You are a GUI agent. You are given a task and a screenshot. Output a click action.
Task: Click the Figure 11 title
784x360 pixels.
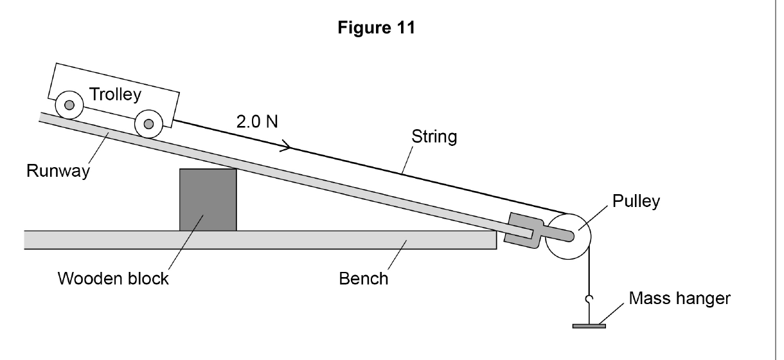pyautogui.click(x=376, y=27)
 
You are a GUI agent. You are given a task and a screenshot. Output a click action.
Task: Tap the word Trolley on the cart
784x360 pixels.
pyautogui.click(x=115, y=94)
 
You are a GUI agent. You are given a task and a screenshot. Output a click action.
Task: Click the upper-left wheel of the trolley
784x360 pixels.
pyautogui.click(x=69, y=105)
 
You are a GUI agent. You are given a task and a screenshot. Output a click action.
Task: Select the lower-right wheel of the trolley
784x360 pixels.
pyautogui.click(x=148, y=123)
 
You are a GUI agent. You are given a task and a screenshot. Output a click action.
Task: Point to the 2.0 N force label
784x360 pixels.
pyautogui.click(x=257, y=122)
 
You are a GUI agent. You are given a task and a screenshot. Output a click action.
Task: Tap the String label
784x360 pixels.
pyautogui.click(x=434, y=136)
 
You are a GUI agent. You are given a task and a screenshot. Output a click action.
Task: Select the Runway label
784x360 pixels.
pyautogui.click(x=58, y=171)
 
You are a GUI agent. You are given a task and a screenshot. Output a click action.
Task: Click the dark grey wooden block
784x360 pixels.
pyautogui.click(x=208, y=200)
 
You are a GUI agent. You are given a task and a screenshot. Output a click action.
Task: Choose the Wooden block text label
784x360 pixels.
pyautogui.click(x=113, y=278)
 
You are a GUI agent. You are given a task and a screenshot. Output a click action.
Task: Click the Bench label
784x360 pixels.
pyautogui.click(x=363, y=279)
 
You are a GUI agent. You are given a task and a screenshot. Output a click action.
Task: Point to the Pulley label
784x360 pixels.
pyautogui.click(x=636, y=201)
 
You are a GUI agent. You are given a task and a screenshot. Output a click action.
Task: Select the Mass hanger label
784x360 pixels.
pyautogui.click(x=679, y=298)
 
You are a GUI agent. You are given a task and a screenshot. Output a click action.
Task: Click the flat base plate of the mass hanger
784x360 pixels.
pyautogui.click(x=589, y=327)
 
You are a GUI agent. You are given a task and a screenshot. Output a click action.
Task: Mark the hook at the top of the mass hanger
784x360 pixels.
pyautogui.click(x=589, y=299)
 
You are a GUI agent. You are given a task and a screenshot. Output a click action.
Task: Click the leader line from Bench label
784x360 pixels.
pyautogui.click(x=397, y=255)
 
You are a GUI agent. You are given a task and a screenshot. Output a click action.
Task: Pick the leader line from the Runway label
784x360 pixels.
pyautogui.click(x=99, y=148)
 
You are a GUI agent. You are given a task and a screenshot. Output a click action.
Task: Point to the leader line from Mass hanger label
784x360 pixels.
pyautogui.click(x=611, y=314)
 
